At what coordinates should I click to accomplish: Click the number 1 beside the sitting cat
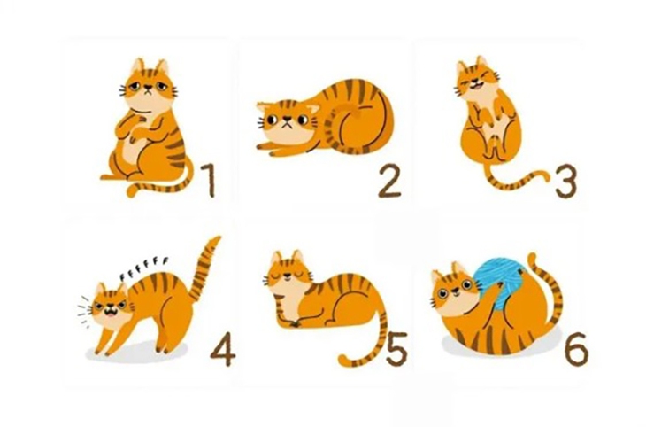(208, 180)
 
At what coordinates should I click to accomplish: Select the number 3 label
(565, 181)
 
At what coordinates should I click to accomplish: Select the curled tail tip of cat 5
(347, 360)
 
